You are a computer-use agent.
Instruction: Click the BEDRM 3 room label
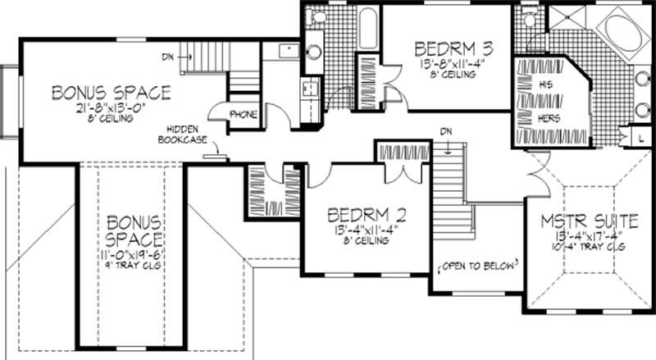click(x=441, y=47)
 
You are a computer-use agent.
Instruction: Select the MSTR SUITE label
click(x=578, y=222)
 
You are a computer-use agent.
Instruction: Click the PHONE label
click(x=244, y=114)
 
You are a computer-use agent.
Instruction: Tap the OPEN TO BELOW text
click(x=481, y=266)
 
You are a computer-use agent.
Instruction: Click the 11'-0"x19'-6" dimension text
click(x=133, y=256)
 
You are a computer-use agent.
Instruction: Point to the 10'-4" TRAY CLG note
click(x=578, y=246)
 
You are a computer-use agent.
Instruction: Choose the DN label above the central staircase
click(x=445, y=132)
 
